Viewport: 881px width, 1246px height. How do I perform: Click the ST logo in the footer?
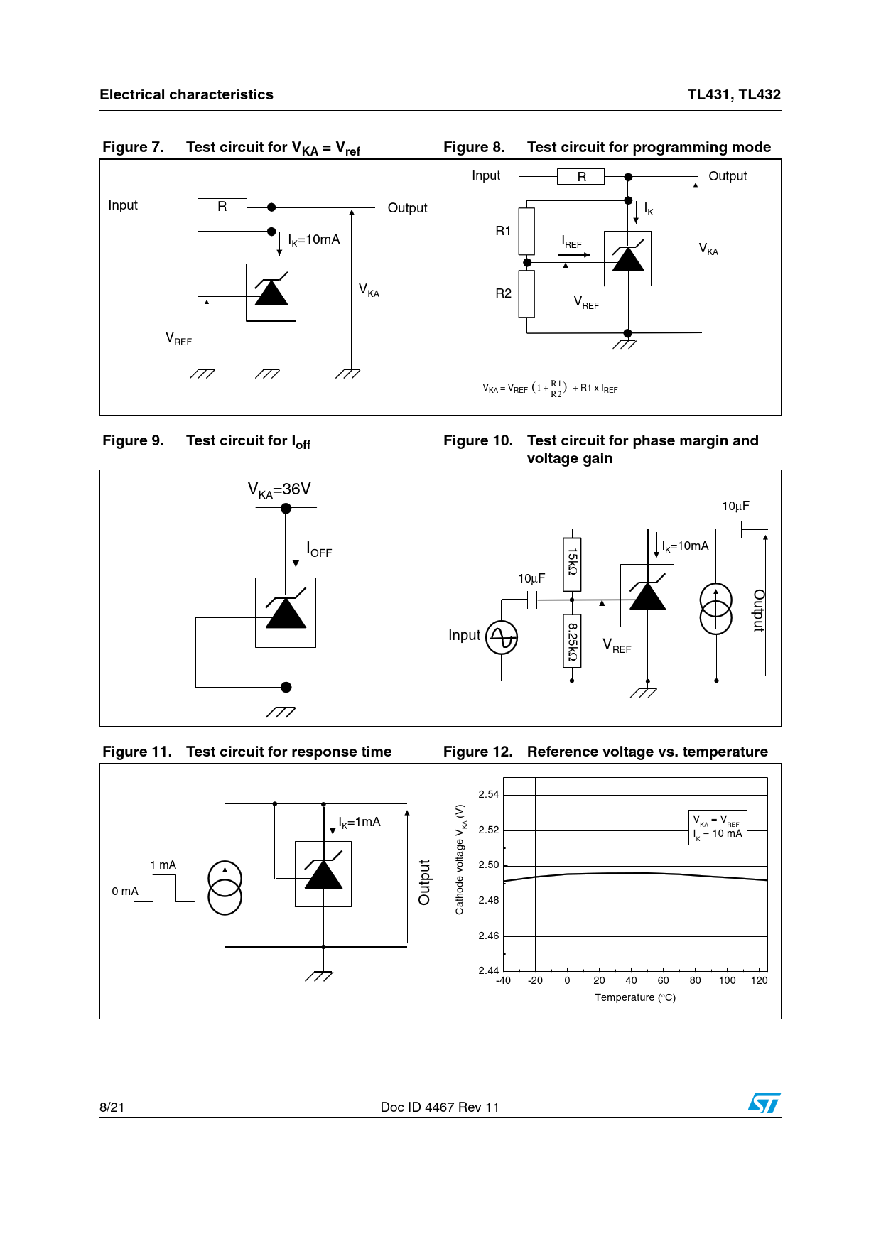pos(764,1103)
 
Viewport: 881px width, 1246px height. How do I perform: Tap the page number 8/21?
pos(112,1107)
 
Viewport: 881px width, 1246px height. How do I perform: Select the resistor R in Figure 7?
pos(222,207)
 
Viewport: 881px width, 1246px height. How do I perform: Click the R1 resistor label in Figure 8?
pos(503,231)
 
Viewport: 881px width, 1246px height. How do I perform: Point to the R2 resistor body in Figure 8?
pos(526,293)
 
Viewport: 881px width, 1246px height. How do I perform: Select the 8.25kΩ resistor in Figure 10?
pos(572,641)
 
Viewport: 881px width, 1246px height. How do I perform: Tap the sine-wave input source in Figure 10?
pos(502,637)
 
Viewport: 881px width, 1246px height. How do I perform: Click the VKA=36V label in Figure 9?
pos(279,489)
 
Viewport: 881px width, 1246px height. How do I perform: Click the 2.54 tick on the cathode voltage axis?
pos(488,794)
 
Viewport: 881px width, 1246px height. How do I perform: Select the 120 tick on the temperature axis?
pos(759,980)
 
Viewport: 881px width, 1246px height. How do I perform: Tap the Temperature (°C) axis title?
pos(635,997)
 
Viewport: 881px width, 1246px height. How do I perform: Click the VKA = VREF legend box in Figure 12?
pos(718,828)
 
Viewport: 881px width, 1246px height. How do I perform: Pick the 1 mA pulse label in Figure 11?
pos(163,865)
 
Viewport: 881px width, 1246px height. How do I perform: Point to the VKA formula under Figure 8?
pos(550,388)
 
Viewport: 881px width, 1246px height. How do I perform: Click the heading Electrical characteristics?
pos(186,94)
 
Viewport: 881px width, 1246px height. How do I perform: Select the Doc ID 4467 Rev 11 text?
pos(440,1107)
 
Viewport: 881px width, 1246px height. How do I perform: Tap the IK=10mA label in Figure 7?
pos(314,240)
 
